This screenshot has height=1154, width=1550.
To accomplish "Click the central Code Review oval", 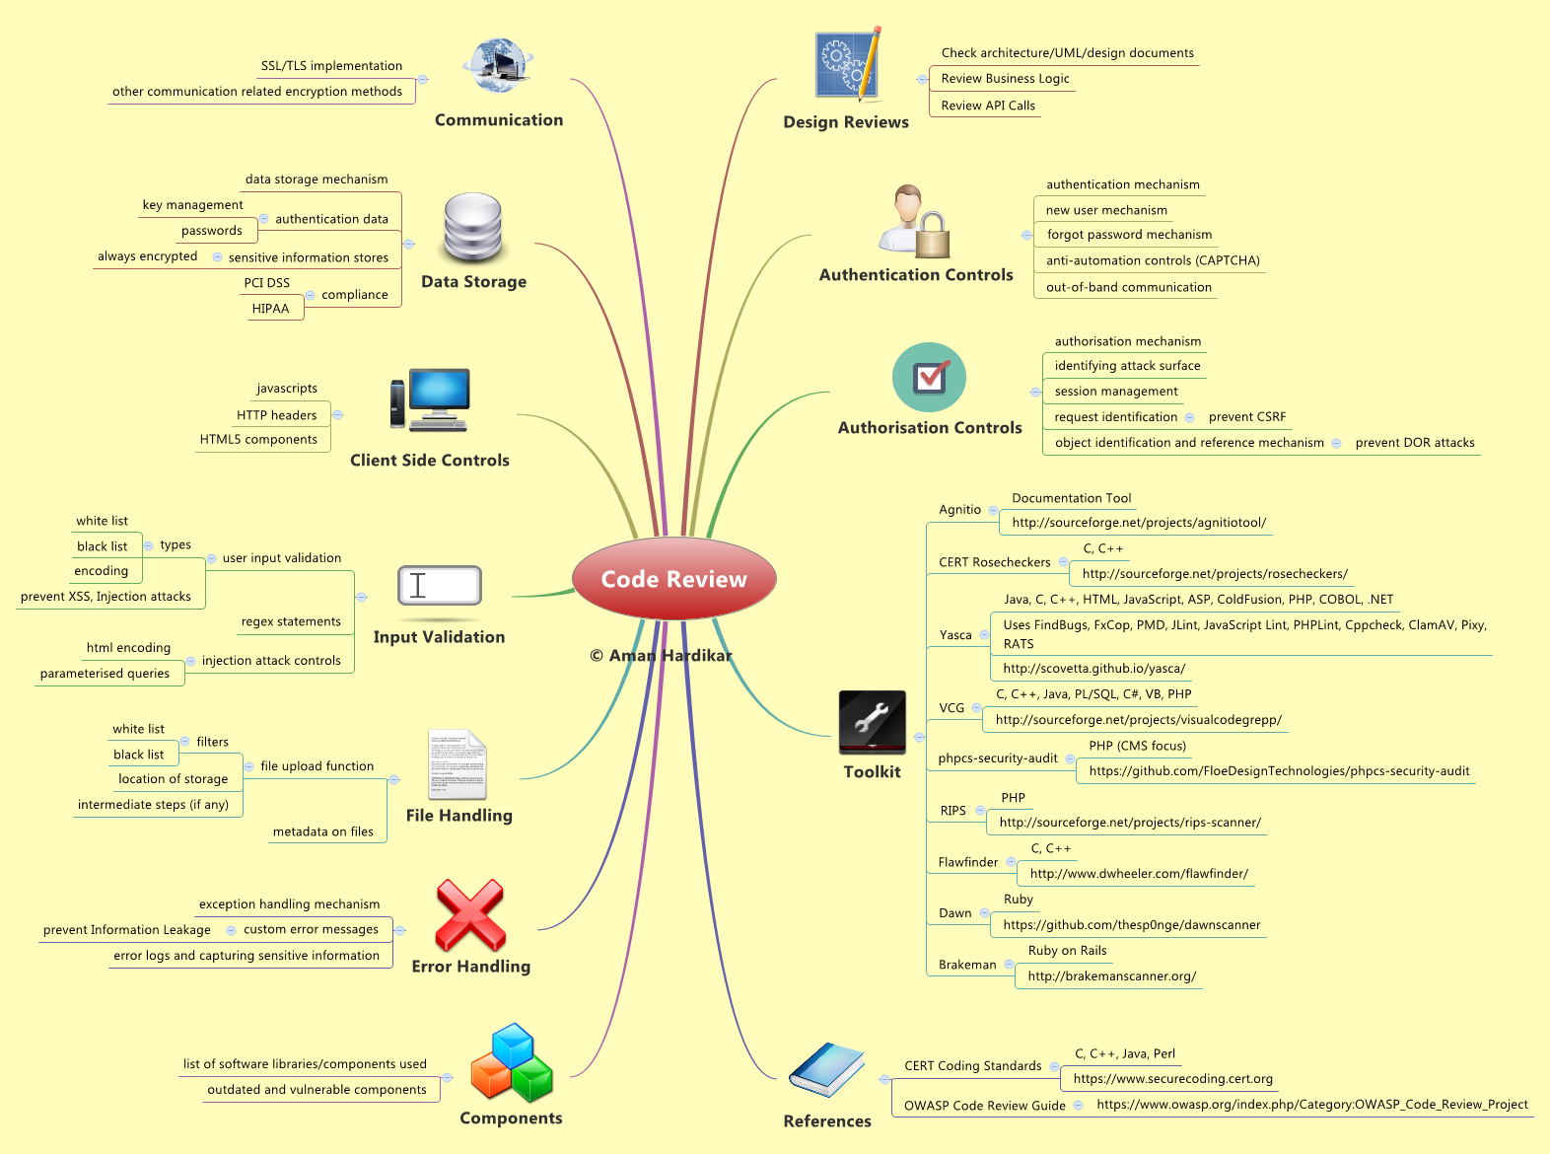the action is (673, 578).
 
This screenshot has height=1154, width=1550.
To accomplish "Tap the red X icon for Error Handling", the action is (469, 915).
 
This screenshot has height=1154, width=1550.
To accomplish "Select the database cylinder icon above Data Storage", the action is (472, 227).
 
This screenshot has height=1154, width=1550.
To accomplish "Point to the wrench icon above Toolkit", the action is (872, 722).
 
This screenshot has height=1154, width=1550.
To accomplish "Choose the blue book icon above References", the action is (826, 1069).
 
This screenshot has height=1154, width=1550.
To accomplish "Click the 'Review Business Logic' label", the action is (1005, 78).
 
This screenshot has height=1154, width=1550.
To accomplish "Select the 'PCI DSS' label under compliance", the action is (266, 282).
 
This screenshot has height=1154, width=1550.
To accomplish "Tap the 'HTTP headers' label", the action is (276, 415).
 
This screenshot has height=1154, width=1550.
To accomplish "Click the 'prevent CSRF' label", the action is (1246, 416).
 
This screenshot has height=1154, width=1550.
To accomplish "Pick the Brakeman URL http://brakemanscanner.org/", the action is (1112, 975).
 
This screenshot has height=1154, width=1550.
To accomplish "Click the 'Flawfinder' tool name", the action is (968, 862).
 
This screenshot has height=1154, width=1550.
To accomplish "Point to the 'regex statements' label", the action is (291, 621).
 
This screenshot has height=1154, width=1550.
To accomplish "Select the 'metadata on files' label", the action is (322, 831).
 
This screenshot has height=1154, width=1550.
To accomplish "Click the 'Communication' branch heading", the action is (498, 119).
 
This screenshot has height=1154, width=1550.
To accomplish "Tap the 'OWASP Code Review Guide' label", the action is (985, 1105).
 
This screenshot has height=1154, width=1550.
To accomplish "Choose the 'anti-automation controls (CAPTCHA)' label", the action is (1153, 260).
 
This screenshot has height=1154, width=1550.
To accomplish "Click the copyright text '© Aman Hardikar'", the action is (661, 655).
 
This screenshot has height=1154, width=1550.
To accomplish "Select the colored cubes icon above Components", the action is (512, 1061).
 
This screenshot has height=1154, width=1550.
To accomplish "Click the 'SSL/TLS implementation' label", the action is (331, 66).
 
